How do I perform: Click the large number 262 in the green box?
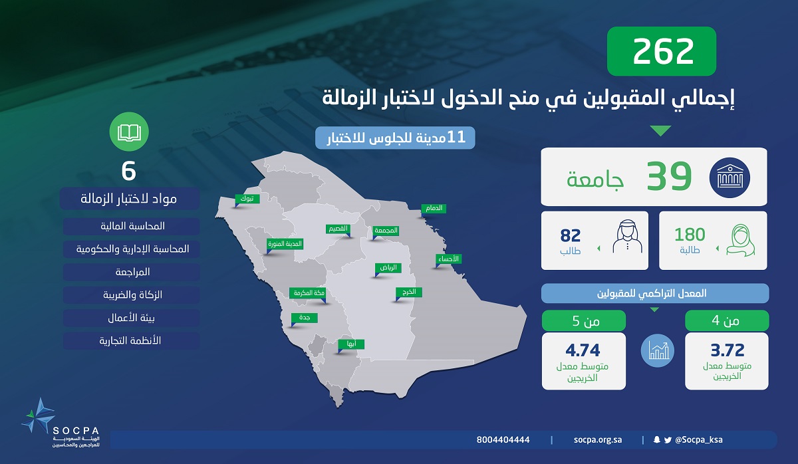663,51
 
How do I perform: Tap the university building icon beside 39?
730,177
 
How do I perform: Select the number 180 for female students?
690,235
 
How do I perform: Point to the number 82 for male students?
571,235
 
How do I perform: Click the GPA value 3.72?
728,350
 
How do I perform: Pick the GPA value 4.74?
583,350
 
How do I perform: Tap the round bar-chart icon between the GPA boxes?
658,351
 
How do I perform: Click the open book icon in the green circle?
129,132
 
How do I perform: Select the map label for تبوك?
247,199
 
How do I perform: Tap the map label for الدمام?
434,208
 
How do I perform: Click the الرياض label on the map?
388,268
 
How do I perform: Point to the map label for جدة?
305,318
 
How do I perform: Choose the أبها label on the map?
351,344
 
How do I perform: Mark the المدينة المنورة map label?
285,243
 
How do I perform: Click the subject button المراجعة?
132,273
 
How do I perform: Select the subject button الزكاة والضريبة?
132,295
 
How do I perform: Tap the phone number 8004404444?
503,440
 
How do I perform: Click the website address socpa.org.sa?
598,440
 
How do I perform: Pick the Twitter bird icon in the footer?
668,440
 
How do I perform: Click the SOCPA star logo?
39,415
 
